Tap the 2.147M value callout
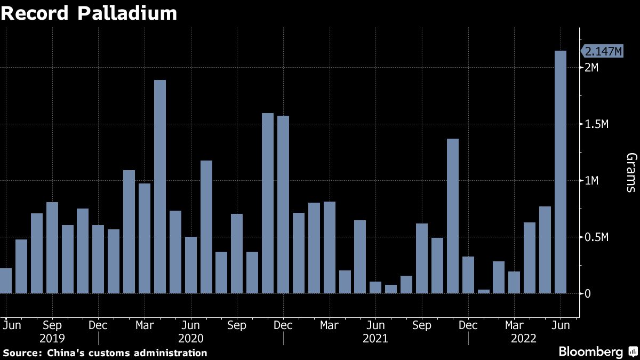[x=603, y=51]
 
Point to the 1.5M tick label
[x=596, y=124]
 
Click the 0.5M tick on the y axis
[x=596, y=237]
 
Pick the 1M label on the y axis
[x=592, y=181]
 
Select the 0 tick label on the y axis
[x=587, y=294]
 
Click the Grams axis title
[x=631, y=172]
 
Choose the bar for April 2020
[x=160, y=187]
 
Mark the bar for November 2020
[x=268, y=203]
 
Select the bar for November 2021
[x=453, y=216]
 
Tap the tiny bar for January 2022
[x=484, y=291]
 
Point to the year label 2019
[x=52, y=338]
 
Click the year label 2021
[x=375, y=338]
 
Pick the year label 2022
[x=523, y=338]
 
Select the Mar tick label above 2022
[x=514, y=325]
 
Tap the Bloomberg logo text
[x=590, y=352]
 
